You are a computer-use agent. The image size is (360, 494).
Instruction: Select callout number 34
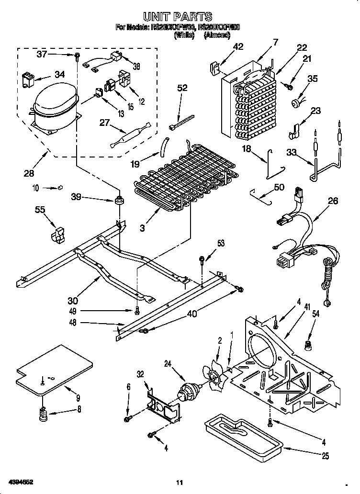[x=60, y=74]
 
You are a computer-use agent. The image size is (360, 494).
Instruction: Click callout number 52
[x=182, y=88]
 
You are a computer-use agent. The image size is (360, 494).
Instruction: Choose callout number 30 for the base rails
[x=73, y=300]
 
